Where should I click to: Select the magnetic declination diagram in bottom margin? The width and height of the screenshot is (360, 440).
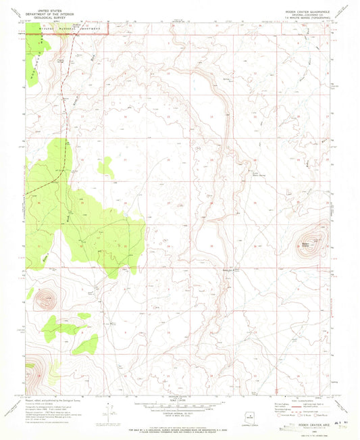(109, 410)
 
